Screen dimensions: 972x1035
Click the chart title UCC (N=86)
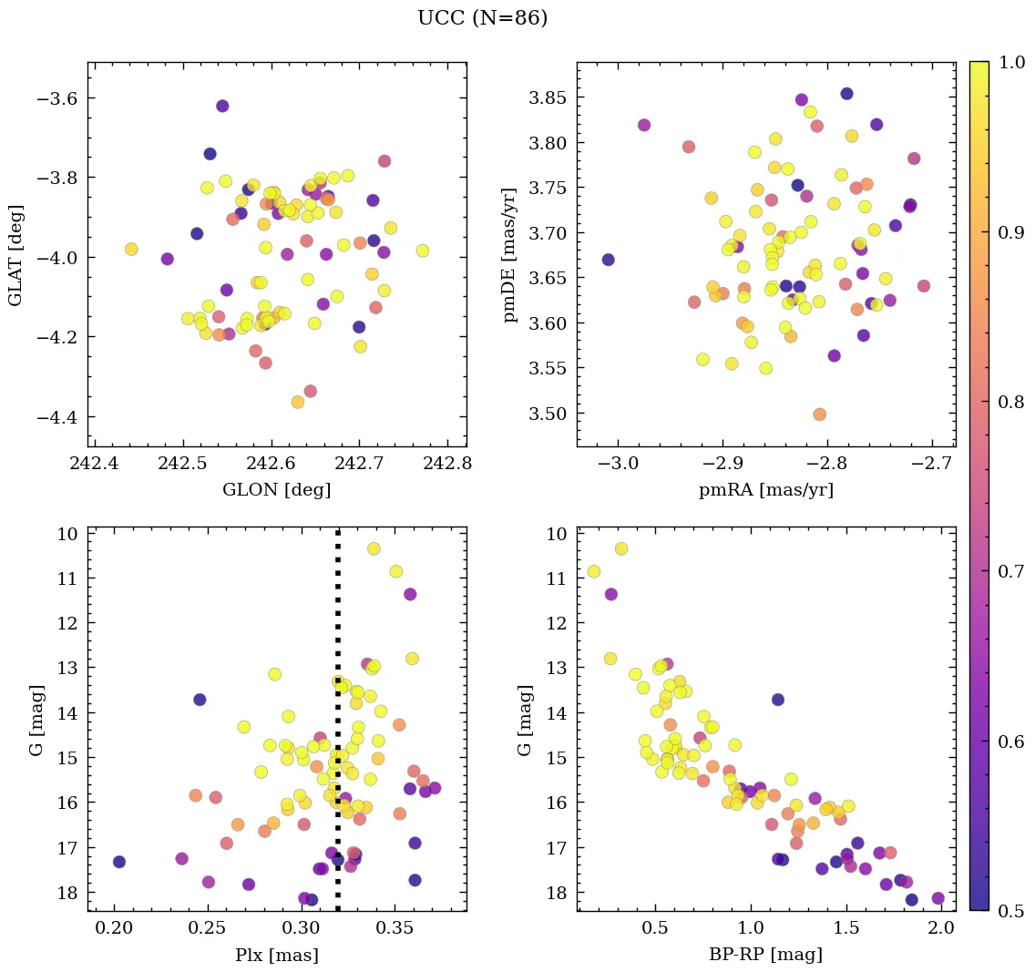[x=482, y=18]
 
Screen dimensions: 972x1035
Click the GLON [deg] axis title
[x=276, y=490]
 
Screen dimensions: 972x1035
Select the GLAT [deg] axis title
[x=15, y=254]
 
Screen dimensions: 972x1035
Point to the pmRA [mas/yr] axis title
[x=765, y=490]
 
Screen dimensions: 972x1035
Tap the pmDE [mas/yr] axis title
[x=510, y=254]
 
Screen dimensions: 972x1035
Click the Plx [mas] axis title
[x=276, y=955]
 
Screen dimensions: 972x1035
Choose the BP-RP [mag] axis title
[x=765, y=955]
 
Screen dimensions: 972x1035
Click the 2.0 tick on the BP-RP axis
[x=942, y=929]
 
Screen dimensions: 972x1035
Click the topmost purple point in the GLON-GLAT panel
[x=222, y=106]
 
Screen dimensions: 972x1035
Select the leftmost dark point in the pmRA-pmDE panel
[x=608, y=260]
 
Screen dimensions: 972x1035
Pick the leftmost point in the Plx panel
[x=118, y=862]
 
